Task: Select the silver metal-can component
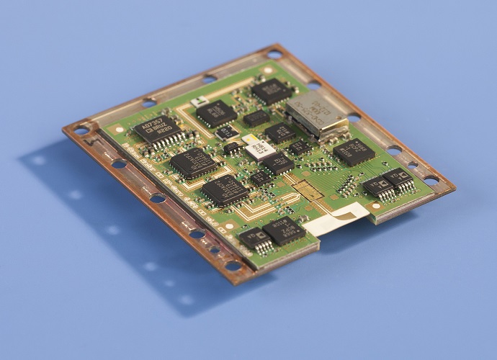pos(316,114)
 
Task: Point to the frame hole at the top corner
pos(274,53)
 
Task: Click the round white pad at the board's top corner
pos(268,70)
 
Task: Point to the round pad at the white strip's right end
pos(375,207)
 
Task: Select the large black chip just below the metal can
pos(353,152)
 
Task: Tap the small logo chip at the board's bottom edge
pos(254,238)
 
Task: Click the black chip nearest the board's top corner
pos(272,91)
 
